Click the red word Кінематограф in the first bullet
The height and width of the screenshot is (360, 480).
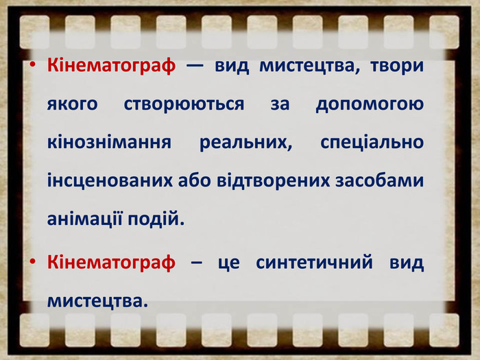pyautogui.click(x=111, y=66)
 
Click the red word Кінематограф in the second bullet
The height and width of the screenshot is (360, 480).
pyautogui.click(x=111, y=263)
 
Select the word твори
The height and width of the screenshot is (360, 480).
pyautogui.click(x=397, y=67)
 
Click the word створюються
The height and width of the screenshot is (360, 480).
pyautogui.click(x=184, y=104)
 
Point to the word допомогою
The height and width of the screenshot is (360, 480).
pyautogui.click(x=370, y=105)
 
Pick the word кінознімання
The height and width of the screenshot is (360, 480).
pyautogui.click(x=109, y=142)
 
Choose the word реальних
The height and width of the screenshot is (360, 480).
pyautogui.click(x=245, y=143)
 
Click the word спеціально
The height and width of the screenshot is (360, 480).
pyautogui.click(x=372, y=143)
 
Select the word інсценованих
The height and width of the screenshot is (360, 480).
pyautogui.click(x=110, y=181)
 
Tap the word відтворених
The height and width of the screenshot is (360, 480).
pyautogui.click(x=274, y=181)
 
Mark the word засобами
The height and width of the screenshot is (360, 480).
pyautogui.click(x=380, y=180)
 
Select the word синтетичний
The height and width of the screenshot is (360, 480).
pyautogui.click(x=314, y=263)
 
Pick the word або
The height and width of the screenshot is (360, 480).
pyautogui.click(x=195, y=180)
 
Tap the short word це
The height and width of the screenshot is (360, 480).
pyautogui.click(x=228, y=263)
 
